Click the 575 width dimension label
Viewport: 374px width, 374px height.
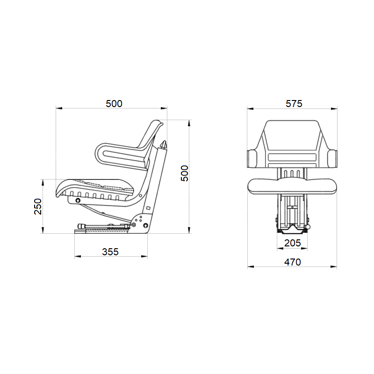(x=294, y=103)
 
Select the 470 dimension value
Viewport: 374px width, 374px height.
(x=293, y=262)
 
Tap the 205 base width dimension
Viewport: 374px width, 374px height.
(x=293, y=243)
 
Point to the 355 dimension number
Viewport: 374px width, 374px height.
(x=110, y=252)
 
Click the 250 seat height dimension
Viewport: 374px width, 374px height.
(x=38, y=207)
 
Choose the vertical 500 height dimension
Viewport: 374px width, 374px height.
(x=184, y=173)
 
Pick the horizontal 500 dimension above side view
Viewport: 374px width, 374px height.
(x=114, y=103)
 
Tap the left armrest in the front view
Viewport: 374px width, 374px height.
(x=252, y=158)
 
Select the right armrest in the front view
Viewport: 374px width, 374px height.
(x=332, y=158)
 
